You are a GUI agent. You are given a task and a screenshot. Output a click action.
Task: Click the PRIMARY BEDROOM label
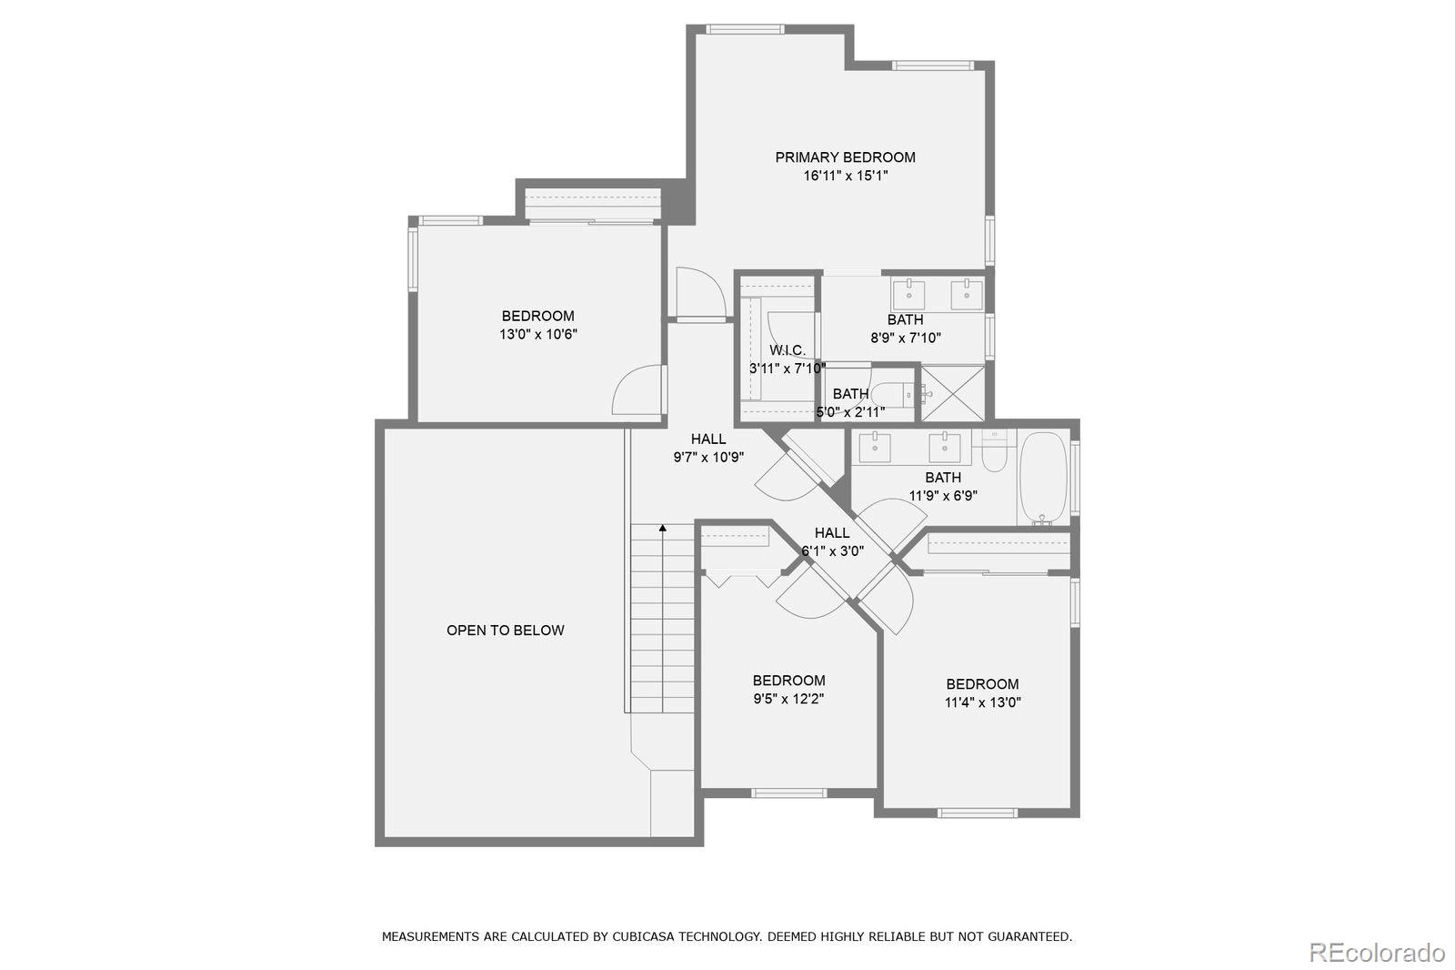845,157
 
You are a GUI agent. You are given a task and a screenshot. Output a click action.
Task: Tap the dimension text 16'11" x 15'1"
845,176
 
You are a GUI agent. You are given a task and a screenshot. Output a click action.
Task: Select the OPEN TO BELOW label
505,630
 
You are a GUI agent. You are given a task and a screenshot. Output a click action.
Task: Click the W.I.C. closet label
787,350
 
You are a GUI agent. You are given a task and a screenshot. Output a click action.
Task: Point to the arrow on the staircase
663,528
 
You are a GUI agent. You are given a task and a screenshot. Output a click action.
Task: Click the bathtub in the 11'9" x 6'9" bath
1042,477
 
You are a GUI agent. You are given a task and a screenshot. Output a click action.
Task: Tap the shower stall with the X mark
953,393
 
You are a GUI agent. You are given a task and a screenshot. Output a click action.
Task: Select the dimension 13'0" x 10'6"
537,334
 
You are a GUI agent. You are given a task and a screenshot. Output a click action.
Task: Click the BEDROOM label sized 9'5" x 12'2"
788,681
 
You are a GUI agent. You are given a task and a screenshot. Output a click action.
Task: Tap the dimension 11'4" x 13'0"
982,702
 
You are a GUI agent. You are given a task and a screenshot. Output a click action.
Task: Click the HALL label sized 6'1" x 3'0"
832,533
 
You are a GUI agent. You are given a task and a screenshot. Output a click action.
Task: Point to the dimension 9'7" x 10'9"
708,458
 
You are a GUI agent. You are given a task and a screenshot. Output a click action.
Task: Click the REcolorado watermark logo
1376,953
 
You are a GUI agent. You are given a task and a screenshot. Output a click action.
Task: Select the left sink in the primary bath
908,294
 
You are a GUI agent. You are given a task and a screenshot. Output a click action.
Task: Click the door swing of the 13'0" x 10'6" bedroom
638,391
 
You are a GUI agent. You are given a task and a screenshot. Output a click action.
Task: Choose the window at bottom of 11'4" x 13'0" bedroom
977,813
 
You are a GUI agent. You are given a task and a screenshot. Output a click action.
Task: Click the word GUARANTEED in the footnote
1028,936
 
